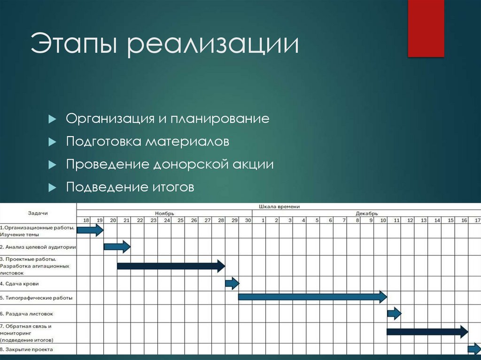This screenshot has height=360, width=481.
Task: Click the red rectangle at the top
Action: [x=426, y=28]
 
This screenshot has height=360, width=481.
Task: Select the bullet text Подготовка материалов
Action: [x=147, y=141]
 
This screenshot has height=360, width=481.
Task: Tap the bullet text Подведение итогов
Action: [x=130, y=188]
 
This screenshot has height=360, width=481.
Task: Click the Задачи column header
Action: [x=38, y=213]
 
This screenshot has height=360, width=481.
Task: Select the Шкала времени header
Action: [x=279, y=207]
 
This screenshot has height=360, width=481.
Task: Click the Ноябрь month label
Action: [x=164, y=213]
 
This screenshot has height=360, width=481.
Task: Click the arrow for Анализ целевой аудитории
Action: [x=117, y=246]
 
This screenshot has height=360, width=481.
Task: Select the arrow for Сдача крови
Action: [x=232, y=283]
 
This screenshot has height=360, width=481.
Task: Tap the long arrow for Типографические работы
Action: [x=312, y=297]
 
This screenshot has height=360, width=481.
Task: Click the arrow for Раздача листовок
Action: [x=394, y=313]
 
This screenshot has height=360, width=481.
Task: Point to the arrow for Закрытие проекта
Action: [x=474, y=349]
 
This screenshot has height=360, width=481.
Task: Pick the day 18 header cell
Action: [x=86, y=220]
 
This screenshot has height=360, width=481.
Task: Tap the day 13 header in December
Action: [x=424, y=220]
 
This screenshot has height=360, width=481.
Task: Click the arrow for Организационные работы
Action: [x=90, y=230]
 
